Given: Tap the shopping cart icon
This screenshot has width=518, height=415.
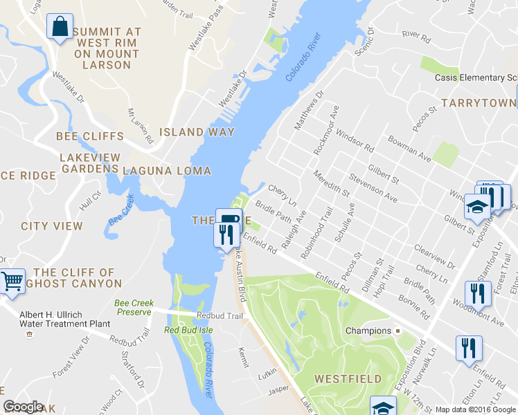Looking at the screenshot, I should coord(12,282).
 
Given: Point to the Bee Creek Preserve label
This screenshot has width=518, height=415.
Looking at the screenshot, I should coord(132,308).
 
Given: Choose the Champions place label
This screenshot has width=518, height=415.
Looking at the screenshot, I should coord(368,331).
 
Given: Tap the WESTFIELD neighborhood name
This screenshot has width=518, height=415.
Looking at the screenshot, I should coord(348,379).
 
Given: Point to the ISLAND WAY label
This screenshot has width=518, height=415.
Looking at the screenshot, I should coord(197,132).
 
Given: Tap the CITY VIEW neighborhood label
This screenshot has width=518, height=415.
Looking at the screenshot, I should coord(52,226).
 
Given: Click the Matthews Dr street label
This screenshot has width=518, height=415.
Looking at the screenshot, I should coord(308,111).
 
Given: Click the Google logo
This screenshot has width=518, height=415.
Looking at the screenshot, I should coord(23,407).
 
